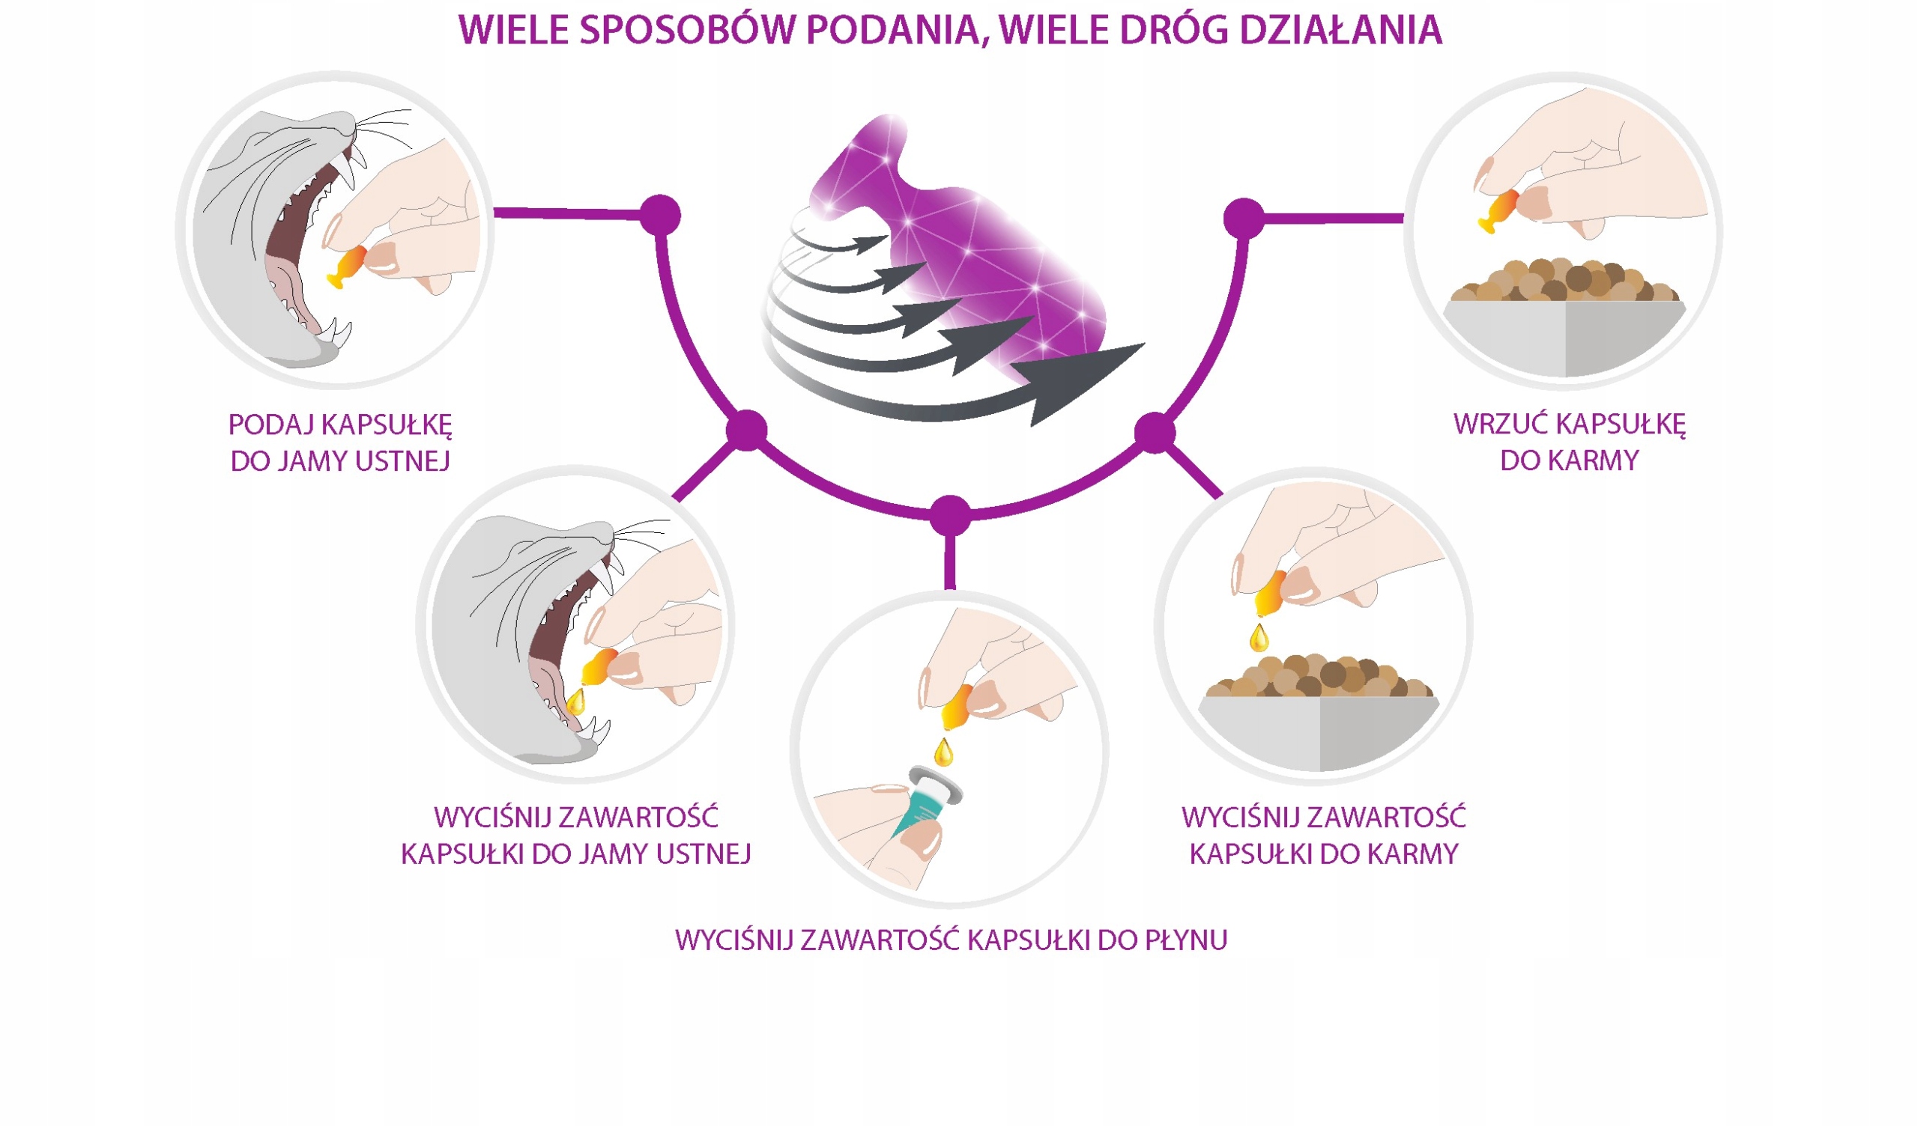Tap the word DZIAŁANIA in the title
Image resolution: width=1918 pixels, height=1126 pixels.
[x=1341, y=31]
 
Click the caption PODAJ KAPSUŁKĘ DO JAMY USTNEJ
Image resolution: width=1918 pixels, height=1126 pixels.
[x=340, y=442]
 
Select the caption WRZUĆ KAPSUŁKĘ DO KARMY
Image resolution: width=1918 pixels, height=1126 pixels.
[x=1570, y=442]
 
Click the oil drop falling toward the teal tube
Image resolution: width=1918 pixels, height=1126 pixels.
[x=943, y=752]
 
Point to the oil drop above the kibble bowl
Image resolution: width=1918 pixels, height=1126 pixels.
[x=1259, y=637]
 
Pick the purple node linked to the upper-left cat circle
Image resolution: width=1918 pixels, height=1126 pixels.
[x=660, y=216]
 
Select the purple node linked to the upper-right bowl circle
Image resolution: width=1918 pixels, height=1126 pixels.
[x=1244, y=219]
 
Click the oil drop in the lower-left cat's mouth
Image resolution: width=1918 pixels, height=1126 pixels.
[x=576, y=701]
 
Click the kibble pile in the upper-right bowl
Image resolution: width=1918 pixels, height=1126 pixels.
[x=1565, y=282]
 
